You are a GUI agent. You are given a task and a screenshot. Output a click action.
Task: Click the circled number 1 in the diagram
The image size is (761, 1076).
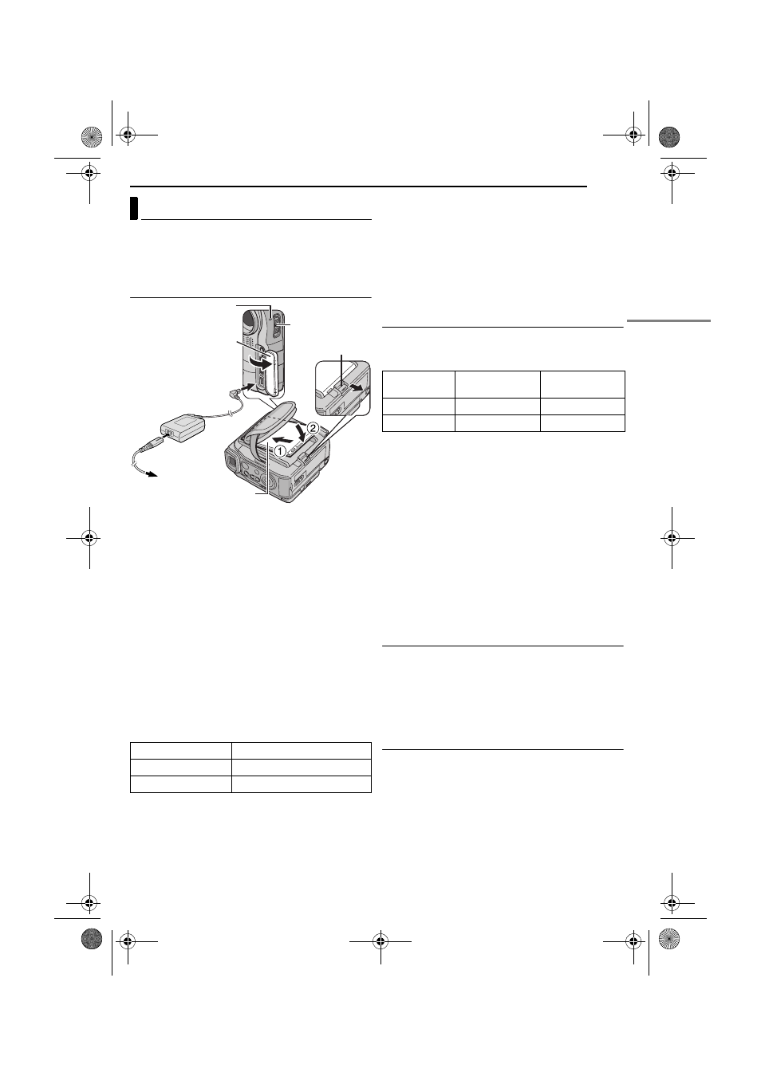tap(279, 450)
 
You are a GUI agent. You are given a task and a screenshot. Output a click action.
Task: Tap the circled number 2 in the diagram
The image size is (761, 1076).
tap(313, 427)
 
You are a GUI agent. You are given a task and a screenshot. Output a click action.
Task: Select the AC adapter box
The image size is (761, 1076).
tap(182, 426)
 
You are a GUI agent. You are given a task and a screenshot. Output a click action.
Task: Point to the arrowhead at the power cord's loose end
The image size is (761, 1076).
tap(152, 474)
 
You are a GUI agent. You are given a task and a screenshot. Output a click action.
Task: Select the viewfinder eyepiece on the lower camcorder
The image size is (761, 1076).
tap(233, 462)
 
